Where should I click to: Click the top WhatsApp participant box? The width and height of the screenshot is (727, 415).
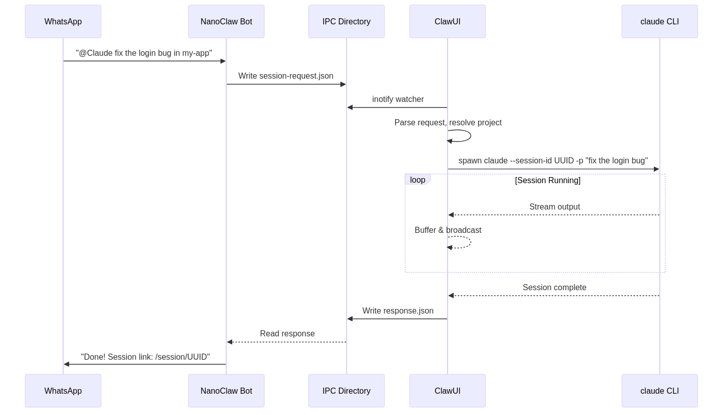[63, 21]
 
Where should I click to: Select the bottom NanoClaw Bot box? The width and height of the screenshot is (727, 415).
[226, 391]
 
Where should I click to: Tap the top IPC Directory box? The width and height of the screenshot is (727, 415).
[346, 21]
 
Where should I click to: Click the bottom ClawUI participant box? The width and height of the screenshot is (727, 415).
[448, 391]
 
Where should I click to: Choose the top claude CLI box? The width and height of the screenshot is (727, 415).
[659, 21]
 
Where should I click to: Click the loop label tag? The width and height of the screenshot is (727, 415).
[418, 180]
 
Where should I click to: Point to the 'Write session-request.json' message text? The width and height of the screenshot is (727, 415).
[286, 76]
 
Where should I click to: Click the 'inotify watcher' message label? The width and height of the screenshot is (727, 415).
[398, 99]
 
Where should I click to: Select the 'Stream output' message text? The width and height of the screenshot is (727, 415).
[555, 207]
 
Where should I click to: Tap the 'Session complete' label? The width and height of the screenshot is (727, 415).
[555, 288]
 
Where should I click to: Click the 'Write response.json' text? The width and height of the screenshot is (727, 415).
[398, 311]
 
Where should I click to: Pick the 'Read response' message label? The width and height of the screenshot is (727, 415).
[288, 334]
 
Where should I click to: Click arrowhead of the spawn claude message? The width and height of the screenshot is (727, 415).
[656, 169]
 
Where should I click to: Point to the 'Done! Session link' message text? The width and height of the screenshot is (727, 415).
[146, 357]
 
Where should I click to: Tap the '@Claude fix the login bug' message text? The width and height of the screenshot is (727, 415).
[144, 53]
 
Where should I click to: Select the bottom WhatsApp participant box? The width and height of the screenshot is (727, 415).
[63, 391]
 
